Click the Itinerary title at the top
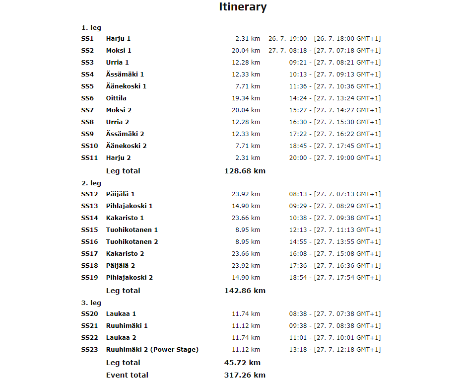pyautogui.click(x=243, y=7)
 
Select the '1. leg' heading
pyautogui.click(x=91, y=28)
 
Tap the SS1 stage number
pyautogui.click(x=87, y=39)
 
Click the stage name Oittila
pyautogui.click(x=116, y=98)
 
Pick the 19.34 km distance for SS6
pyautogui.click(x=246, y=98)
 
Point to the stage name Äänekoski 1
pyautogui.click(x=126, y=86)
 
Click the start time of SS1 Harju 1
pyautogui.click(x=325, y=39)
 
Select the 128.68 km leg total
pyautogui.click(x=245, y=171)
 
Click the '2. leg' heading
pyautogui.click(x=91, y=183)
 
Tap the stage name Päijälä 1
pyautogui.click(x=120, y=194)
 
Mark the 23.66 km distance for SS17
pyautogui.click(x=246, y=254)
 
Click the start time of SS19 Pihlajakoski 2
pyautogui.click(x=335, y=278)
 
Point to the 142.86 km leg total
pyautogui.click(x=245, y=291)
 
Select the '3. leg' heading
pyautogui.click(x=91, y=303)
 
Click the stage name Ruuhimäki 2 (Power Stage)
pyautogui.click(x=152, y=350)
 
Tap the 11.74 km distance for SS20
pyautogui.click(x=246, y=314)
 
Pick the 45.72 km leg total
pyautogui.click(x=242, y=363)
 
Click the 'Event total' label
pyautogui.click(x=127, y=375)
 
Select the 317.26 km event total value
pyautogui.click(x=245, y=375)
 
